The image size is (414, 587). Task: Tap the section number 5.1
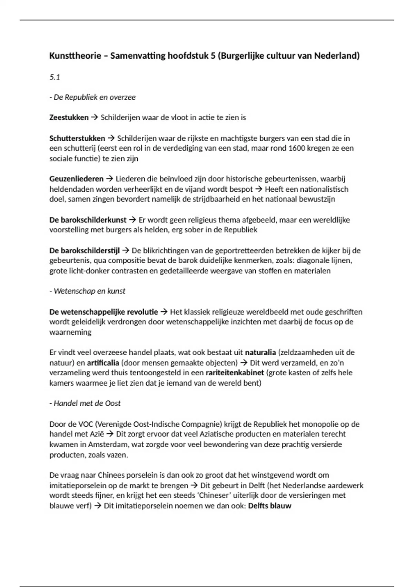click(x=55, y=77)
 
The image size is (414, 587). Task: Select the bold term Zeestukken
click(x=69, y=118)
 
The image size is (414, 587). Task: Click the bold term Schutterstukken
click(x=77, y=138)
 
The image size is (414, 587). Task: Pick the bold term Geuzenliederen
click(x=76, y=179)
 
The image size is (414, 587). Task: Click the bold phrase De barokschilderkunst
click(x=88, y=220)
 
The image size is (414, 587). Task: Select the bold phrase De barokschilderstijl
click(x=85, y=251)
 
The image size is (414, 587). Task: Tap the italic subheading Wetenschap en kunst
click(x=89, y=291)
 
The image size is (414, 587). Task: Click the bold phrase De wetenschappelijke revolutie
click(x=103, y=312)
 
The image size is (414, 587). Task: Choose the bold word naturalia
click(x=260, y=353)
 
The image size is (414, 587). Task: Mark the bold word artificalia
click(x=103, y=363)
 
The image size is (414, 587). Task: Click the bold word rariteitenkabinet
click(x=235, y=373)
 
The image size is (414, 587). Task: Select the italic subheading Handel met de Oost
click(x=87, y=403)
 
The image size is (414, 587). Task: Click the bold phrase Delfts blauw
click(x=270, y=506)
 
